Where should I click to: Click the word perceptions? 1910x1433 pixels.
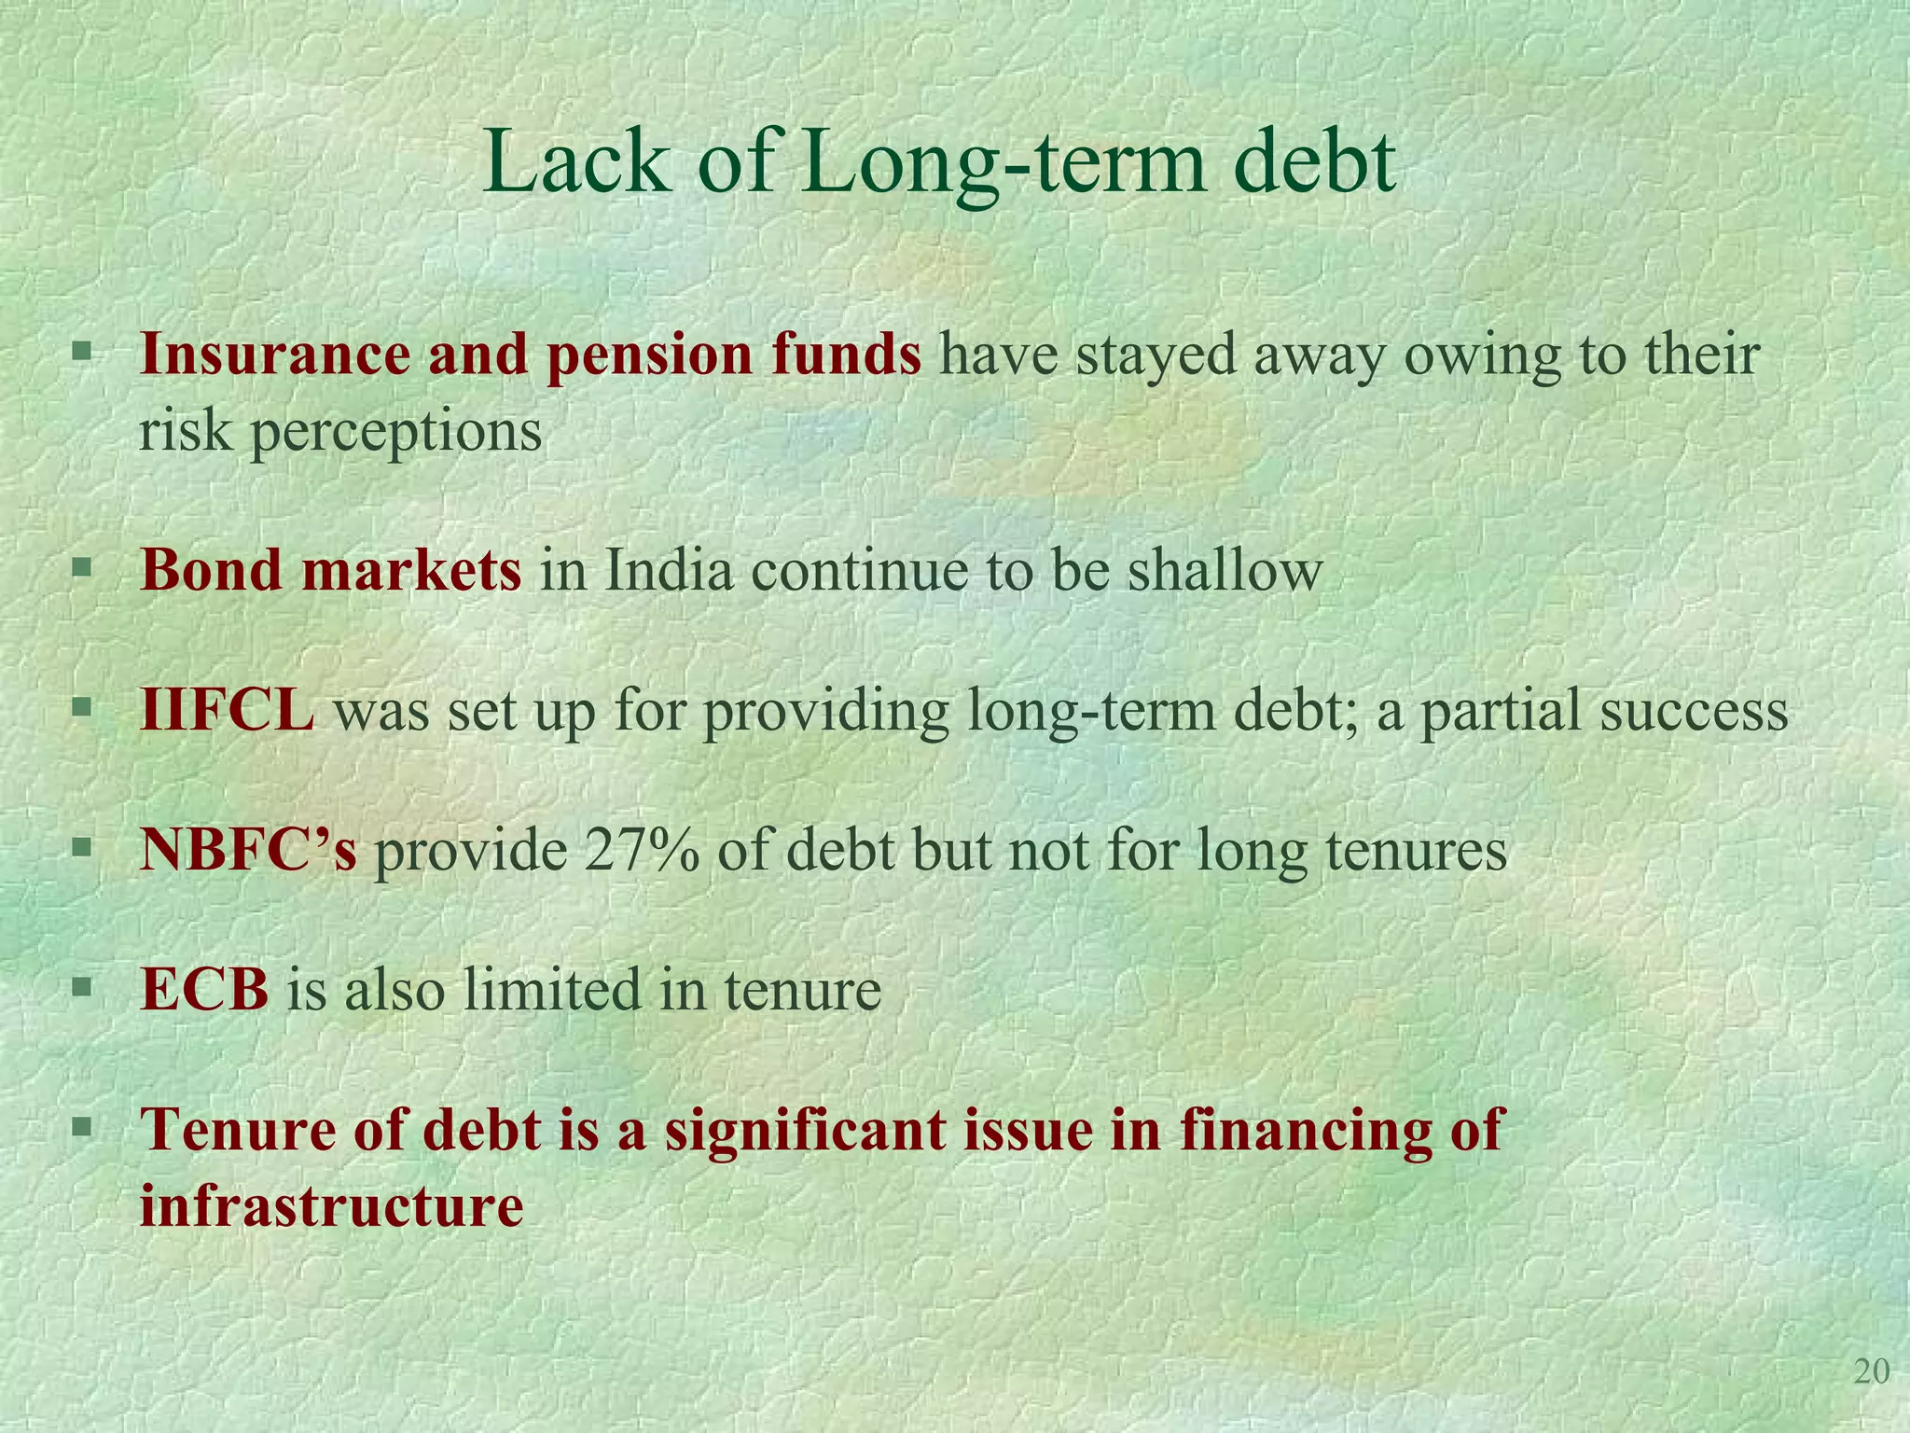pos(395,433)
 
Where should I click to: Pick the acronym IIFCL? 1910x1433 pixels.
pos(228,710)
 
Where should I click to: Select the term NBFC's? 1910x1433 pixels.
pos(248,850)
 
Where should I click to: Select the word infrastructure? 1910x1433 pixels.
pos(331,1205)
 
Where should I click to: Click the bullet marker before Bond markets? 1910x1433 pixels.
pos(83,566)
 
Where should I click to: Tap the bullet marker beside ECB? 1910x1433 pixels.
pos(83,986)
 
